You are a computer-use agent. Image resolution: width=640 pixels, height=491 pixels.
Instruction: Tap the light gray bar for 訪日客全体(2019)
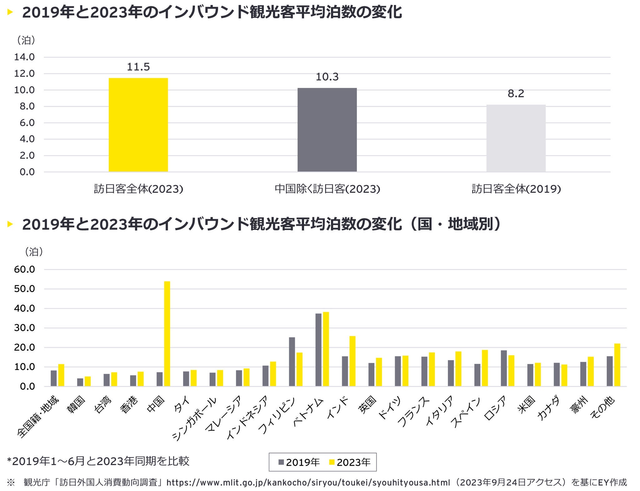516,138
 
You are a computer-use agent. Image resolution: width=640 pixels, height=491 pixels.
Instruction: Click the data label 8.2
516,94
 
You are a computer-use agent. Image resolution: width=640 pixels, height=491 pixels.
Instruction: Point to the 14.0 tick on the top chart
24,57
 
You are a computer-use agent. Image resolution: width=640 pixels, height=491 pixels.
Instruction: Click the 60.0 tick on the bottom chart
24,269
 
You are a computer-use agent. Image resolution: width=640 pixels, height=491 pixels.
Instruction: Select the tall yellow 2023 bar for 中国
167,334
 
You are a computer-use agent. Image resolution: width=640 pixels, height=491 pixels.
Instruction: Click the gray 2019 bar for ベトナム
318,350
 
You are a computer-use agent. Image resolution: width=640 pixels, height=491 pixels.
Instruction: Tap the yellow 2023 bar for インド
352,361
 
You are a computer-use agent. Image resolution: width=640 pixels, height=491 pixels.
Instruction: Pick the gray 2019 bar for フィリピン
292,362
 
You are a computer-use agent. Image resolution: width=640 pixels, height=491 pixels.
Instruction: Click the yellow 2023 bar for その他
617,365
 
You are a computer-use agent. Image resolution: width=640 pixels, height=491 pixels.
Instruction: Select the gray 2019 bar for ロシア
504,368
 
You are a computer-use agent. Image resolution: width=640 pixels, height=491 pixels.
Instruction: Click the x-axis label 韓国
76,405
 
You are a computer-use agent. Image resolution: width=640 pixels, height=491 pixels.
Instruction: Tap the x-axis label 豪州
580,405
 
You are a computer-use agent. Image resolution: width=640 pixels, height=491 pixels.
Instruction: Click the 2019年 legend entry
299,462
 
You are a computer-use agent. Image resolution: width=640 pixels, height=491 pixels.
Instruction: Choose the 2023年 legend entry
350,462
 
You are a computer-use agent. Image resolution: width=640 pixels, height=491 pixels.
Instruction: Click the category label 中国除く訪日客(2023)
327,189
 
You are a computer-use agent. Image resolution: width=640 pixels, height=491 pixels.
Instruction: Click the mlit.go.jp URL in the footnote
308,483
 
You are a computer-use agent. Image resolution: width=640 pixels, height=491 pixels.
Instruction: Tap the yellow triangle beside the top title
10,13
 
